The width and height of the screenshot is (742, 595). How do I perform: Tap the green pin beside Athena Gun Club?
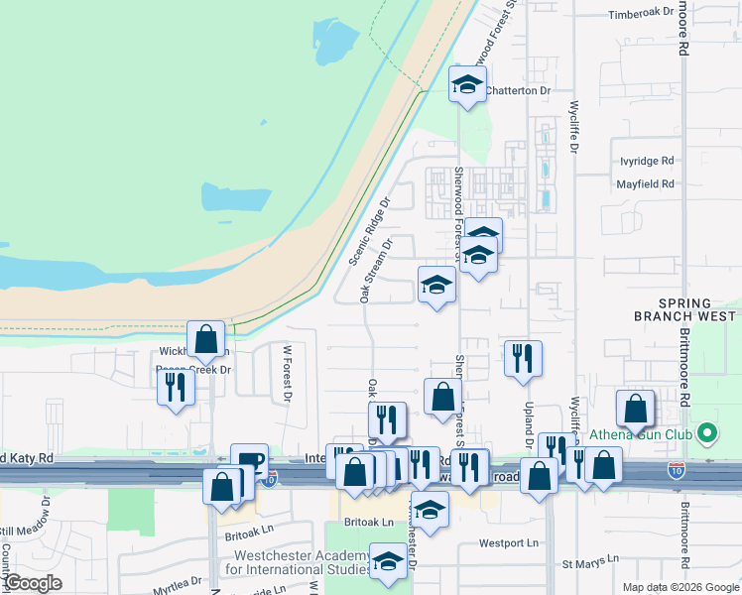(x=706, y=433)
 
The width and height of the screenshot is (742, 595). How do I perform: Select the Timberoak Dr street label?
(x=640, y=13)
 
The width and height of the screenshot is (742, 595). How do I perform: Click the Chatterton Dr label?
(x=517, y=90)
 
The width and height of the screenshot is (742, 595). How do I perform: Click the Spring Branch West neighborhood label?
(x=685, y=309)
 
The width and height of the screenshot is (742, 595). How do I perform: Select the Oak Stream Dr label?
(x=378, y=269)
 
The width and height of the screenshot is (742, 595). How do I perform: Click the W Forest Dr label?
(x=288, y=372)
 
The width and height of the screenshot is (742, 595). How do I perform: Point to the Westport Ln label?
(x=508, y=543)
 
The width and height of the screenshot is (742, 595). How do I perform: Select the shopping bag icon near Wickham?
(x=205, y=337)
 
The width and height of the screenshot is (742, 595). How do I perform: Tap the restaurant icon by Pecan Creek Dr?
(x=176, y=385)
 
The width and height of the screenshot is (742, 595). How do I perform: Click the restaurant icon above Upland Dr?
(x=523, y=357)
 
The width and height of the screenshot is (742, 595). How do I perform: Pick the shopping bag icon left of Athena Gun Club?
(x=635, y=407)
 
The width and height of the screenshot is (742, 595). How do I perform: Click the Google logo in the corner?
(x=33, y=583)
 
